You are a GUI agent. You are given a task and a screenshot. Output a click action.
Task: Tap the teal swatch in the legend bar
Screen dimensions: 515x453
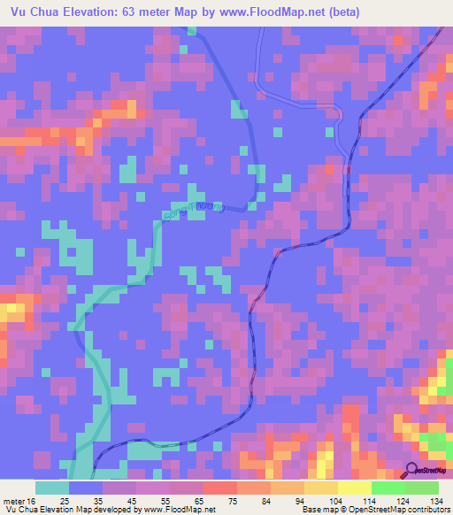point(52,488)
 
